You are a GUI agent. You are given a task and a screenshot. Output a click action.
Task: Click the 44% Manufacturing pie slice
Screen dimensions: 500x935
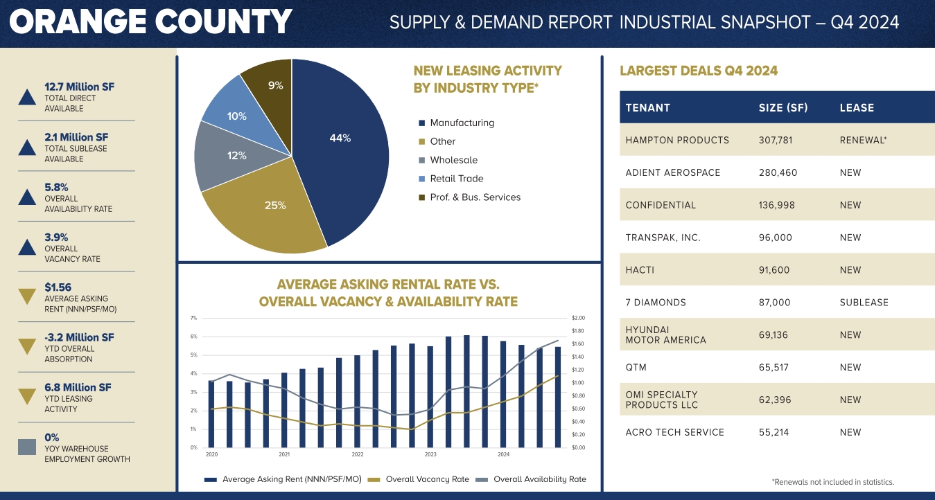pos(340,139)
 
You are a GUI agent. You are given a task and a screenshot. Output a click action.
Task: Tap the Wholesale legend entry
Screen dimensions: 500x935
pos(453,160)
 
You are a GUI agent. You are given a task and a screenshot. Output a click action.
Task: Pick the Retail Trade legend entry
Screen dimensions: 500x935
pos(456,179)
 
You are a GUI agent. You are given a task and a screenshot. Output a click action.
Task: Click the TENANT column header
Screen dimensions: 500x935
pos(647,108)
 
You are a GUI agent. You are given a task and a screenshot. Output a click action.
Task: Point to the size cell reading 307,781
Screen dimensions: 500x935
pos(776,140)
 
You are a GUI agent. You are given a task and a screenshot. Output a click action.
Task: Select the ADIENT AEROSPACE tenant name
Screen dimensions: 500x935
pos(672,172)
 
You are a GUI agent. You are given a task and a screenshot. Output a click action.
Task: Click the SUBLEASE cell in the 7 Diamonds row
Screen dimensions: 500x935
pos(864,303)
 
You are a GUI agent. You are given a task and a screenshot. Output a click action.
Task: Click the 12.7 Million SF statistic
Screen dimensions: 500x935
pos(79,87)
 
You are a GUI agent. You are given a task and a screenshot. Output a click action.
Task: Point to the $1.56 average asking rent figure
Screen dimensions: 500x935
pos(58,287)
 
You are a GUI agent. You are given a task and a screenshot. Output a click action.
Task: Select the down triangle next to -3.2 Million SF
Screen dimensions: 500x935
pos(27,346)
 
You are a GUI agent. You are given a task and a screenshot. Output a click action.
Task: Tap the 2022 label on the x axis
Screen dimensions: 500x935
pos(357,455)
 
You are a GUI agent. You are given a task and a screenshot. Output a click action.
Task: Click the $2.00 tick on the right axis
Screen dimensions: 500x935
pos(578,318)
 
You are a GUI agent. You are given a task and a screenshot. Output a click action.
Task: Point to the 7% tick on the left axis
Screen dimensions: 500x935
pos(193,318)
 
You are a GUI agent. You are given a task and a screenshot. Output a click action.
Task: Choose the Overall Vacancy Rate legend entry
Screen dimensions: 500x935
pos(427,479)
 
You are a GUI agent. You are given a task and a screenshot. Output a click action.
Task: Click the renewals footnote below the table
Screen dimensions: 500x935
pos(832,482)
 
